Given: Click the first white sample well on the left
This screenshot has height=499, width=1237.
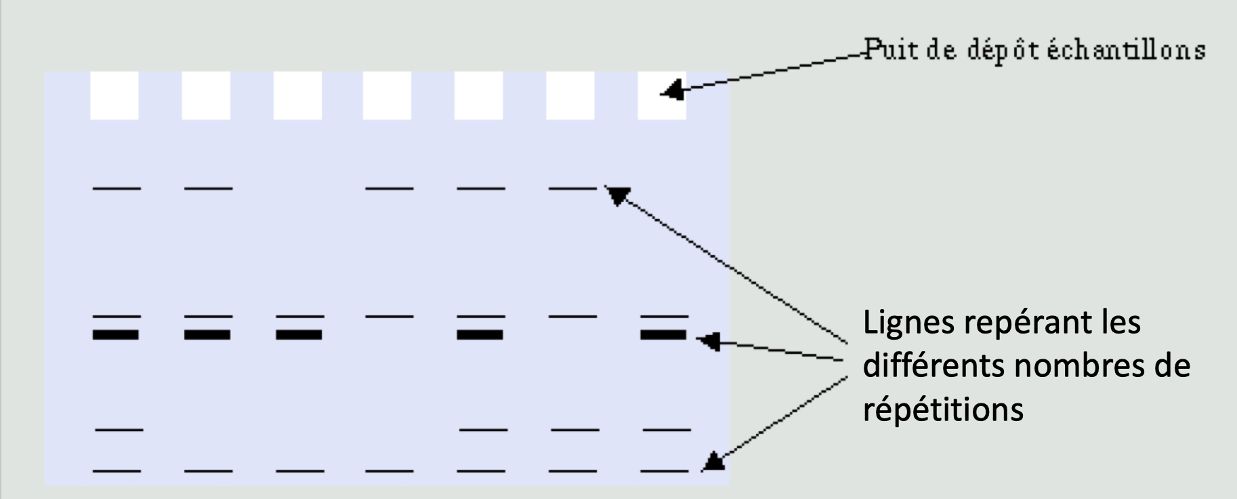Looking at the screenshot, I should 114,96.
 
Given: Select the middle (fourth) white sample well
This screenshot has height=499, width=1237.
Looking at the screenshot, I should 387,96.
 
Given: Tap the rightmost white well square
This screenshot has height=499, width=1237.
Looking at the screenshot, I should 662,96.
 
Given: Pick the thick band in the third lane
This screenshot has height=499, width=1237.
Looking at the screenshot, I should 299,334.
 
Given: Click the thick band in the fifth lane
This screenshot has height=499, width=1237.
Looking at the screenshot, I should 480,334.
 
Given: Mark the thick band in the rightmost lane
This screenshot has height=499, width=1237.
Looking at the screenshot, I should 664,334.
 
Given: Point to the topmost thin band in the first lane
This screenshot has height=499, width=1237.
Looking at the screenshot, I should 117,188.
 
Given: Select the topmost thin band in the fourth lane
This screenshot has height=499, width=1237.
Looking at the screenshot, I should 389,188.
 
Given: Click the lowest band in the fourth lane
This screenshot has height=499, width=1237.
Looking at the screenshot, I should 389,470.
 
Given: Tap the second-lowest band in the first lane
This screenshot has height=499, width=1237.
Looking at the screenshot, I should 119,429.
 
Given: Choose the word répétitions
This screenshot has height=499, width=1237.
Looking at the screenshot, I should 943,410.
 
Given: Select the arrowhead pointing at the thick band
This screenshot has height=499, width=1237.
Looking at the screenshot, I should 709,341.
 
